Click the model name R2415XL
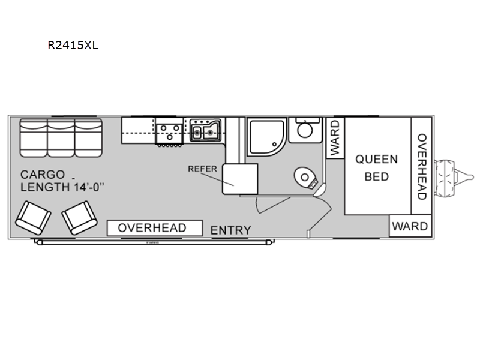click(x=73, y=46)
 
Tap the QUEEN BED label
click(x=377, y=168)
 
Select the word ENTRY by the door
click(x=231, y=230)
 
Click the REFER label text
click(x=202, y=169)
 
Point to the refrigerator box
click(x=240, y=179)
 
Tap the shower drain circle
click(x=275, y=145)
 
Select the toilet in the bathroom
click(x=306, y=179)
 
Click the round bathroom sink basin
click(x=305, y=130)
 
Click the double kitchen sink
click(x=205, y=131)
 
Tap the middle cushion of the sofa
click(x=61, y=138)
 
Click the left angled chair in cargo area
click(x=33, y=218)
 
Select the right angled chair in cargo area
click(x=80, y=218)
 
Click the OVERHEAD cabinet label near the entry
click(x=152, y=228)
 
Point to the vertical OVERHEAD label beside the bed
click(x=422, y=167)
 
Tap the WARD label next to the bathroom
click(x=335, y=138)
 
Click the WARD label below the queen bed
click(x=410, y=226)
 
